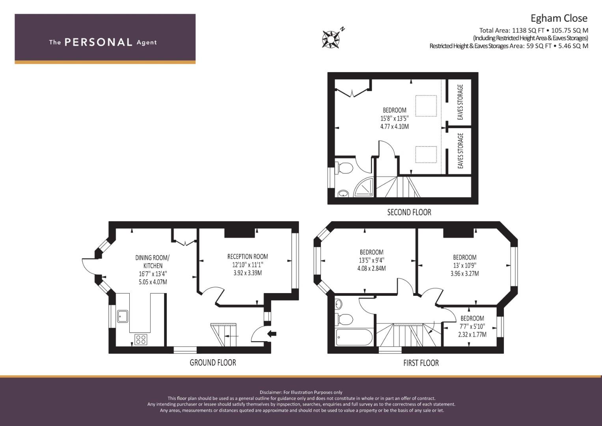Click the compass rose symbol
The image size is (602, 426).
click(x=331, y=39)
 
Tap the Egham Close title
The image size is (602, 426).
click(x=559, y=18)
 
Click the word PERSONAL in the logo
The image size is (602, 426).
click(x=99, y=42)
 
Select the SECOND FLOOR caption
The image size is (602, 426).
click(x=409, y=212)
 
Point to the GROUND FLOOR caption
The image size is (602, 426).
click(x=213, y=362)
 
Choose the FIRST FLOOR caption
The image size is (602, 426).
click(x=421, y=363)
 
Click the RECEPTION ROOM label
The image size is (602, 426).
click(x=248, y=256)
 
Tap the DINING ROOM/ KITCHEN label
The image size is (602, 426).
click(x=153, y=262)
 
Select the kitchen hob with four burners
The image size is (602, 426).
click(x=141, y=339)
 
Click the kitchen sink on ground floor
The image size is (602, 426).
click(x=123, y=316)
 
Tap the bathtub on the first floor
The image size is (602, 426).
click(x=354, y=337)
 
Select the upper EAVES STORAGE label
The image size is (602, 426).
click(x=460, y=102)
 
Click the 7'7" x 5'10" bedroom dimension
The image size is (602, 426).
click(x=472, y=327)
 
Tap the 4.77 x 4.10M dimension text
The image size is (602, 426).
click(x=395, y=126)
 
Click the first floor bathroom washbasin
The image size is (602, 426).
click(x=339, y=304)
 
